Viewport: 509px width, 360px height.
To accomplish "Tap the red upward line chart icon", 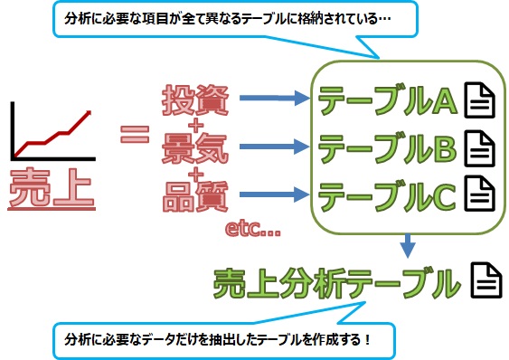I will click(x=51, y=130).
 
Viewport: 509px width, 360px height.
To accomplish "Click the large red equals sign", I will click(x=135, y=137).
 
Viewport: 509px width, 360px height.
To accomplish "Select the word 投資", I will click(x=194, y=100).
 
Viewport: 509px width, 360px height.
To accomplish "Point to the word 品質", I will click(x=194, y=194).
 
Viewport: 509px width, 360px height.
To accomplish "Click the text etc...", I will click(x=257, y=231).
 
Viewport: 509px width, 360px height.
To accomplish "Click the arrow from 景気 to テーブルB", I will click(x=276, y=145).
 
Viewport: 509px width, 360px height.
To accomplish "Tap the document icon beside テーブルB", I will click(x=479, y=147).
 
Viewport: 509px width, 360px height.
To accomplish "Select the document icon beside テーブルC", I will click(x=479, y=192).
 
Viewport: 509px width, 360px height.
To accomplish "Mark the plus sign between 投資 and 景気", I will click(x=194, y=123).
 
